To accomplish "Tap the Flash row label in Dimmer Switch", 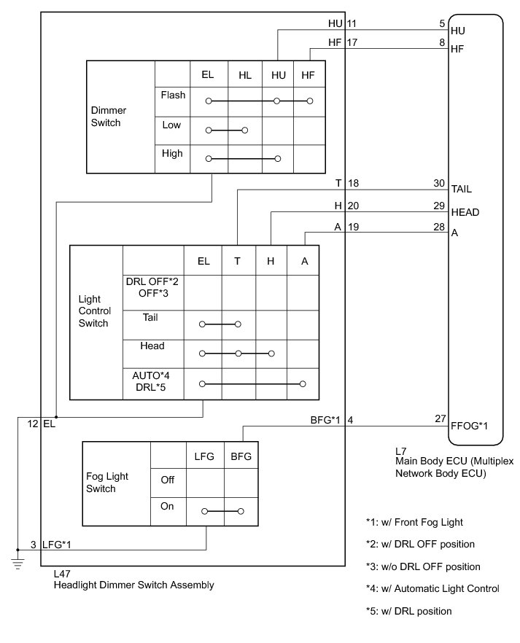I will tap(173, 95).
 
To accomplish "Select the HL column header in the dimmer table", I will tap(244, 74).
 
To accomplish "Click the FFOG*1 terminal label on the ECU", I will tap(470, 426).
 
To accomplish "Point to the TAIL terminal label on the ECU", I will tap(462, 189).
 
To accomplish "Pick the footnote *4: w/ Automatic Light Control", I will tap(432, 588).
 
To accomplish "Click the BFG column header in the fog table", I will tap(241, 456).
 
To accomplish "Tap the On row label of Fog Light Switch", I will tap(167, 506).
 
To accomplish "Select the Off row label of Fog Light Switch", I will tap(167, 480).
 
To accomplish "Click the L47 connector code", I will tap(63, 574).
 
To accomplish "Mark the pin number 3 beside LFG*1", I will tap(33, 544).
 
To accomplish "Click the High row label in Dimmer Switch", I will tap(173, 153).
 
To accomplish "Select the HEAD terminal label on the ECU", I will tap(465, 212).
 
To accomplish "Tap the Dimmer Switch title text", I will tap(108, 117).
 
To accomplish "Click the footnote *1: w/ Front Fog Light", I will tap(414, 522).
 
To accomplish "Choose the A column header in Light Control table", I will tap(303, 260).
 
